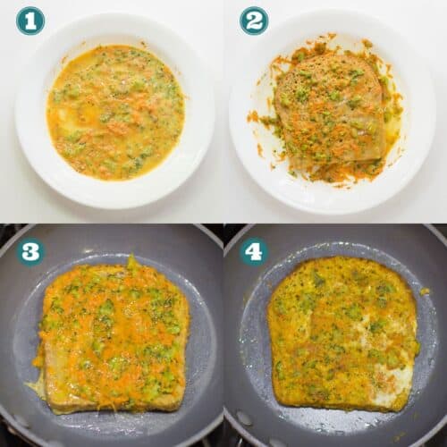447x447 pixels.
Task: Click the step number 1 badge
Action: click(x=30, y=21)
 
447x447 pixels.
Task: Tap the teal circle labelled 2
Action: click(x=254, y=21)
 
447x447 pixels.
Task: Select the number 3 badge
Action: click(x=30, y=252)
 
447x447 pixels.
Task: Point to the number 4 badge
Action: click(x=254, y=252)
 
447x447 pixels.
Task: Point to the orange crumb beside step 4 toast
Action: click(x=425, y=291)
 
